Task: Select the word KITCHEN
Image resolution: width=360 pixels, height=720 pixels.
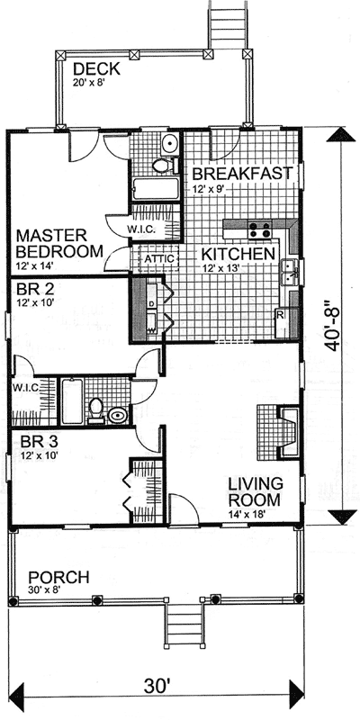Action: (x=237, y=255)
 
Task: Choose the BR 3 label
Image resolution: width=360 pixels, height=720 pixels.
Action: (x=37, y=443)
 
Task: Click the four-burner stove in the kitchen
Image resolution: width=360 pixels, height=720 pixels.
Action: (x=259, y=230)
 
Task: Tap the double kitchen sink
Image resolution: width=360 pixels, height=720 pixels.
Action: (x=290, y=271)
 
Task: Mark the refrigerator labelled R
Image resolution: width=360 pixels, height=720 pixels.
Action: (x=281, y=314)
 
